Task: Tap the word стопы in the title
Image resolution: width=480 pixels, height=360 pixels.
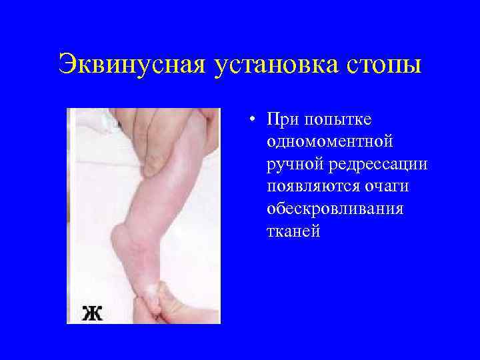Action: pos(382,66)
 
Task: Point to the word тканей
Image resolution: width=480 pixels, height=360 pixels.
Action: pos(293,231)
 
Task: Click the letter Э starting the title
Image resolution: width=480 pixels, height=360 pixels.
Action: pos(67,66)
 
